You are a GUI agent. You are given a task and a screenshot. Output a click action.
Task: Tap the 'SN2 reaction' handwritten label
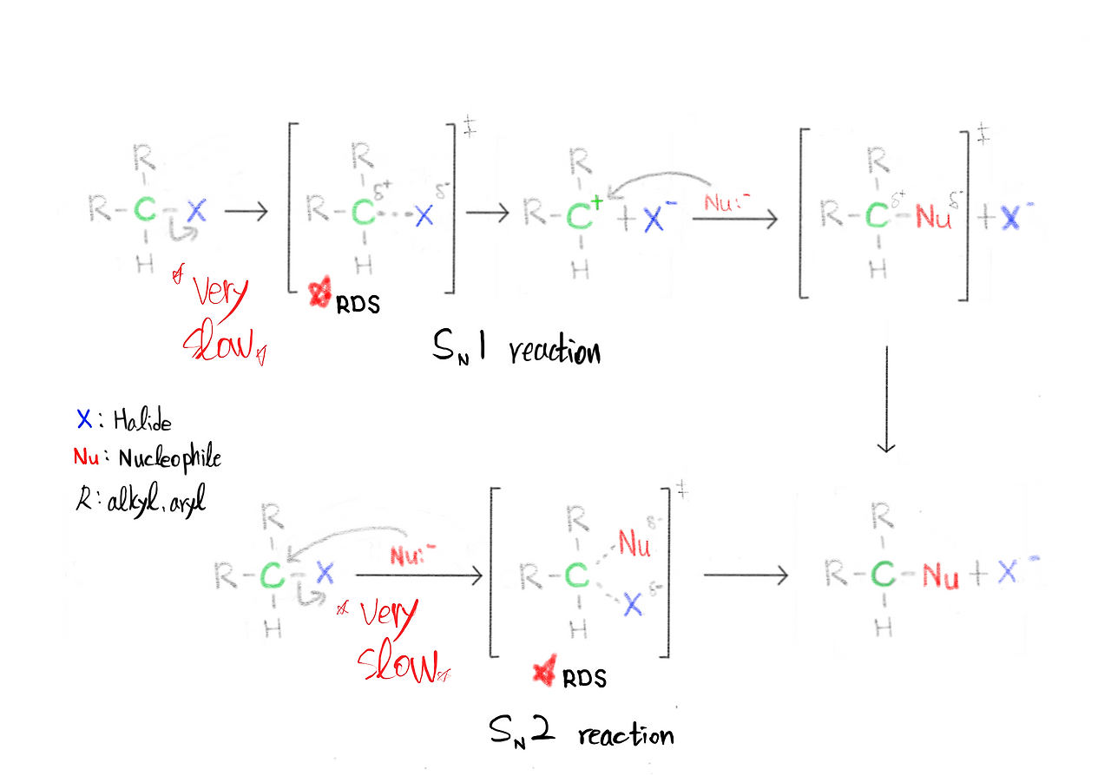581,733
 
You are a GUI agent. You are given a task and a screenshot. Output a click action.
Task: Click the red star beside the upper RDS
322,296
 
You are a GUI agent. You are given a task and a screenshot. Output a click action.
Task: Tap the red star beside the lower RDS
545,673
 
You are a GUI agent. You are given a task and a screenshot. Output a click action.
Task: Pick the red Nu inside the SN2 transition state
635,545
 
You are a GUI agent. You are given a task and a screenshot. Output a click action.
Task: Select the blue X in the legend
83,421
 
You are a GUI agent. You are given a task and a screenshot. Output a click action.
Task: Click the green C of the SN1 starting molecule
146,210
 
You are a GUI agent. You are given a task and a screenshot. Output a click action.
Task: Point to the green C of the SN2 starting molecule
273,575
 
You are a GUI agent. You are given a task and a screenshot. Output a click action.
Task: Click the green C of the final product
883,574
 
